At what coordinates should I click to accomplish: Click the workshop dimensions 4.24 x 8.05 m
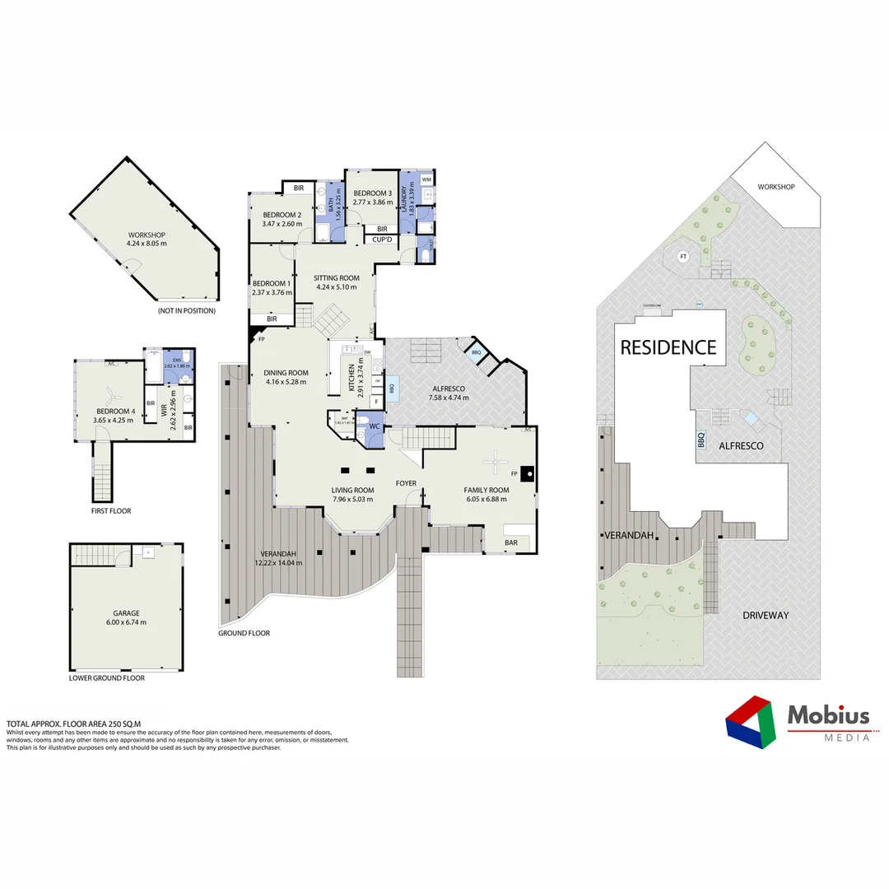click(x=147, y=244)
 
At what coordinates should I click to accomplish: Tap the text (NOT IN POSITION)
click(x=187, y=310)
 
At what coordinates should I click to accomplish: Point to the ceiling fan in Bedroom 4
click(x=110, y=393)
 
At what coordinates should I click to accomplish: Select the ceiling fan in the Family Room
click(x=496, y=463)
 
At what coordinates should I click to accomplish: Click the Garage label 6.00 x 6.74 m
click(x=126, y=622)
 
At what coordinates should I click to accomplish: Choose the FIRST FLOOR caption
click(x=111, y=511)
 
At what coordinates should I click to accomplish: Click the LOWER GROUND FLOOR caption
click(x=107, y=678)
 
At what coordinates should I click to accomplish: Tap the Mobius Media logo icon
click(x=750, y=720)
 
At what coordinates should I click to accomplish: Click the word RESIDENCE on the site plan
click(x=668, y=347)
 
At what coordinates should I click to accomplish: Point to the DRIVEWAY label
click(x=765, y=615)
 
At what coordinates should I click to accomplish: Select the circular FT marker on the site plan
click(x=682, y=258)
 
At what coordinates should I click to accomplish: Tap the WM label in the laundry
click(x=426, y=179)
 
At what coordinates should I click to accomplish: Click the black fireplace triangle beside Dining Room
click(x=254, y=336)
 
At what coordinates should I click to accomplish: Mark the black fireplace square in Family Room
click(x=527, y=473)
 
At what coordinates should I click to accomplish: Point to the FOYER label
click(x=406, y=483)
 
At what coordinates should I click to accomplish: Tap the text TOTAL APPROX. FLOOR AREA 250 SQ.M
click(x=73, y=723)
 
